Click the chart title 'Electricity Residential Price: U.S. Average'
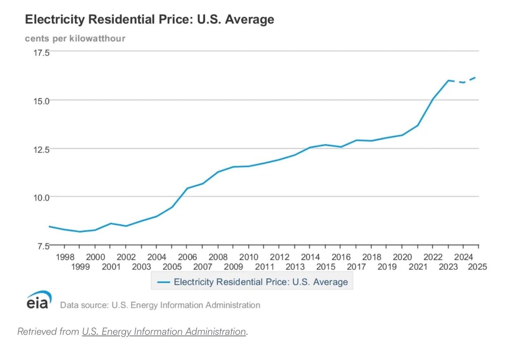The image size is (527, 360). (149, 20)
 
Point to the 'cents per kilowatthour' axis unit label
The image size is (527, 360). (75, 38)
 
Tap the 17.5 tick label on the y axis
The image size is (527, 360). (41, 53)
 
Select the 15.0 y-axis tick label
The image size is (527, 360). (41, 100)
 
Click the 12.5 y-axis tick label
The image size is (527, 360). (41, 149)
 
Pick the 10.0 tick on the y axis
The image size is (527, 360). (41, 197)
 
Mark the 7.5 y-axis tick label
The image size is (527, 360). (41, 246)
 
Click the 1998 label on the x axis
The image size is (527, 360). (64, 257)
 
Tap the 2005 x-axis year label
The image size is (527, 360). (172, 267)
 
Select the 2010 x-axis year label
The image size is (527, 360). (248, 257)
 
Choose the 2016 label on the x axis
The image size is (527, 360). (341, 257)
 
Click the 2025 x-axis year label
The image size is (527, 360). (478, 267)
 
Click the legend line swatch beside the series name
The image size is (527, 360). (163, 282)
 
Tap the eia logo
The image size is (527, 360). (39, 300)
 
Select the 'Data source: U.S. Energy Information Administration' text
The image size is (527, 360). (160, 305)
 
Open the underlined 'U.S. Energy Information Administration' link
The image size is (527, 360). (164, 331)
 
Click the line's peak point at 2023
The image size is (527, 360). (448, 80)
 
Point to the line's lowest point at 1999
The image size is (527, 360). (80, 232)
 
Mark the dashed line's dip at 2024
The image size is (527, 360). (463, 82)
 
